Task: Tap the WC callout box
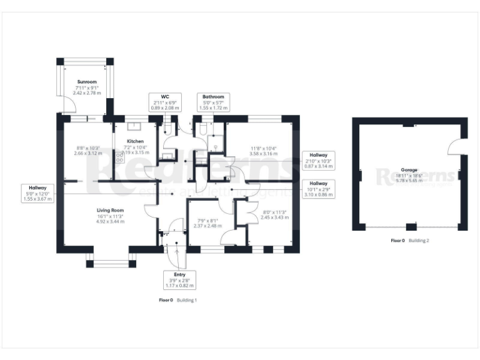pos(165,102)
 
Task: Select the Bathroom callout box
pos(212,102)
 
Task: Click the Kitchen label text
pos(136,142)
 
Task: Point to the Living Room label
pos(110,211)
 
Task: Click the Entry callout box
pos(179,279)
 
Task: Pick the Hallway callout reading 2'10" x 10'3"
pos(319,159)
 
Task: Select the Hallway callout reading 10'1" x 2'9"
pos(319,188)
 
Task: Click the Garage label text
pos(409,169)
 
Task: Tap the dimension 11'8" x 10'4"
pos(262,150)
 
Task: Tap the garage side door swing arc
pos(455,147)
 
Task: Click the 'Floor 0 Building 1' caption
pos(178,300)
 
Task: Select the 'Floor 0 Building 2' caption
pos(409,240)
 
